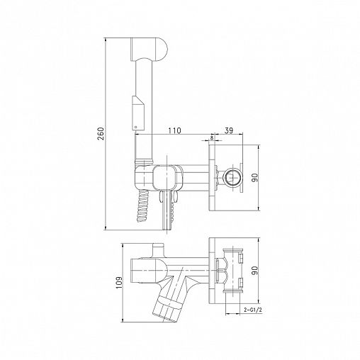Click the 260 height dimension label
[x=101, y=134]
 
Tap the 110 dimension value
[x=174, y=130]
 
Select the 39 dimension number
[x=228, y=130]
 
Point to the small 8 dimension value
[x=212, y=138]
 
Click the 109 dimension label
[x=120, y=282]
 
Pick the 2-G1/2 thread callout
[x=253, y=310]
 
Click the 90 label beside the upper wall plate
[x=254, y=178]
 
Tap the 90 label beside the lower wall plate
[x=254, y=271]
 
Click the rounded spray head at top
[x=149, y=48]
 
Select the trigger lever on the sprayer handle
[x=137, y=113]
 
